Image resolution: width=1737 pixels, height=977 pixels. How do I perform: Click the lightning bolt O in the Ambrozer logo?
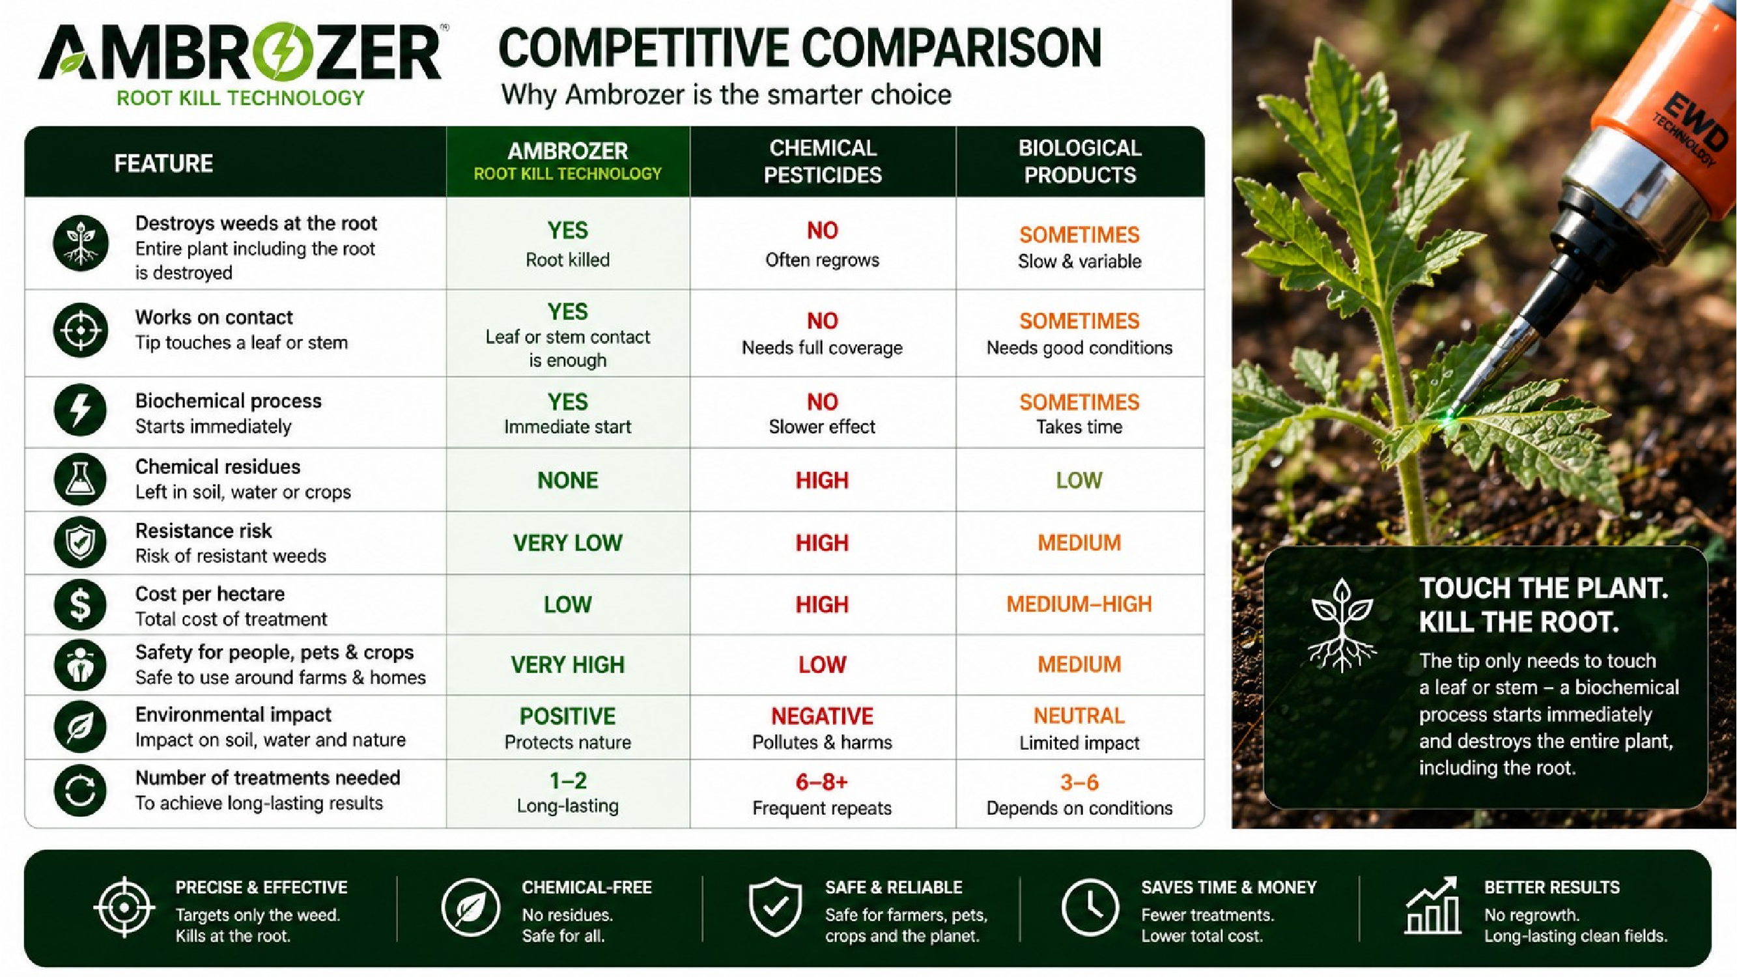275,53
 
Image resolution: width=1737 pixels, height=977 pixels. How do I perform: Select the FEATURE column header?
163,163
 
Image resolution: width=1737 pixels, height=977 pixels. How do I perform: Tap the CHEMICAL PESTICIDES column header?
823,161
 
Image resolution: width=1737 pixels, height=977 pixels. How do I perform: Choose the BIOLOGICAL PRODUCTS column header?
1080,161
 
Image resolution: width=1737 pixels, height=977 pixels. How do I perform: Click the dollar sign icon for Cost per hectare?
80,605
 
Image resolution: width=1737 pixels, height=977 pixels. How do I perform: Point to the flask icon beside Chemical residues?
80,479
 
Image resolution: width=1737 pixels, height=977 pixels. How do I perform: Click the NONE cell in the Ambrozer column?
568,480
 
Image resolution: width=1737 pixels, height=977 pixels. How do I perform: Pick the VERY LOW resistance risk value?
568,543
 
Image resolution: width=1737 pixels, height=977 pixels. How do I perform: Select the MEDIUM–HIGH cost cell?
1079,604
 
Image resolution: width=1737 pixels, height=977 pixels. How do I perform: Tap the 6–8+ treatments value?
822,782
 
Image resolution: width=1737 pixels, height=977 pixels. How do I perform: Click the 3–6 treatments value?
1080,782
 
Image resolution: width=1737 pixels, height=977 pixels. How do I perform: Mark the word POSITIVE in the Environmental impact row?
568,715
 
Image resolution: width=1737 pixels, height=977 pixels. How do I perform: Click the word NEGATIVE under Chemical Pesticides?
822,715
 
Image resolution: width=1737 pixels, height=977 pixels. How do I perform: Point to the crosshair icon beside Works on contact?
80,330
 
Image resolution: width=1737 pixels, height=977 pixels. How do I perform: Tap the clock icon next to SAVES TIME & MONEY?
1090,907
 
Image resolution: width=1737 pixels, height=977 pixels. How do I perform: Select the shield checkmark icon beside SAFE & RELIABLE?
776,907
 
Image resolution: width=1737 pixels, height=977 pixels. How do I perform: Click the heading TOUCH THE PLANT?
1544,588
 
